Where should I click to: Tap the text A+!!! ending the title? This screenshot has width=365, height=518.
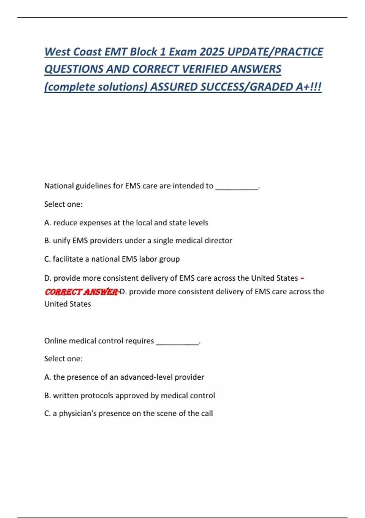pyautogui.click(x=308, y=87)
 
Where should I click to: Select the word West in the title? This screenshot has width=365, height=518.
pyautogui.click(x=57, y=52)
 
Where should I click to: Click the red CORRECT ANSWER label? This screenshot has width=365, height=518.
pyautogui.click(x=81, y=292)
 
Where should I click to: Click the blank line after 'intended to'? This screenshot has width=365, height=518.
pyautogui.click(x=237, y=186)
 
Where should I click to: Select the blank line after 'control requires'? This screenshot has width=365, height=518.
pyautogui.click(x=177, y=341)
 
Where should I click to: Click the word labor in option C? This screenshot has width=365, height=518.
pyautogui.click(x=148, y=259)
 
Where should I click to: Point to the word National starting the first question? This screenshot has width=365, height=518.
pyautogui.click(x=59, y=186)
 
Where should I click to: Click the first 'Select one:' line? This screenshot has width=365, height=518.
pyautogui.click(x=63, y=204)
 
